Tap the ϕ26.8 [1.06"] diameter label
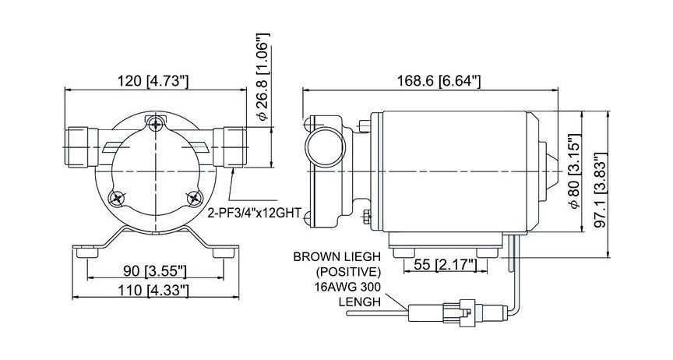[263, 77]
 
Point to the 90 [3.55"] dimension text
[155, 271]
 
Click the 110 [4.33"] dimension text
[155, 290]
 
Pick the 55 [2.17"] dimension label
[444, 265]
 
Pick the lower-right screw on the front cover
[195, 198]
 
